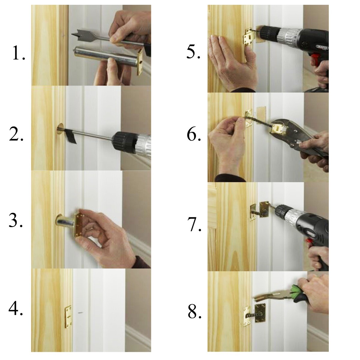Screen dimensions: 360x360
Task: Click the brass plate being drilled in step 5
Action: (x=249, y=37)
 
